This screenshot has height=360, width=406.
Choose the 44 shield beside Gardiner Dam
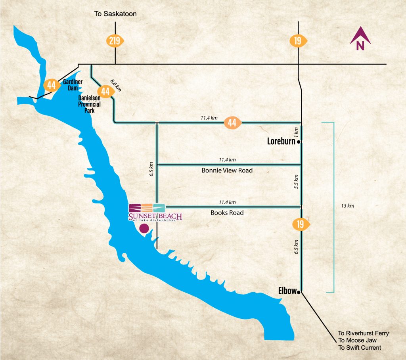(x=52, y=84)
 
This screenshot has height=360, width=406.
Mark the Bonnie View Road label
(x=227, y=170)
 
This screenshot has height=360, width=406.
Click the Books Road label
(x=227, y=213)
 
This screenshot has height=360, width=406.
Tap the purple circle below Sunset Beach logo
(x=144, y=228)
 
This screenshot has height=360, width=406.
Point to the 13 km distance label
(x=347, y=206)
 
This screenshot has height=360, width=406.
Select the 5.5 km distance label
(x=296, y=182)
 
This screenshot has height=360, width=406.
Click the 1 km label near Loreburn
(x=296, y=131)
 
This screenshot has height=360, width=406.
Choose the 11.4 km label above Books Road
(x=227, y=202)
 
